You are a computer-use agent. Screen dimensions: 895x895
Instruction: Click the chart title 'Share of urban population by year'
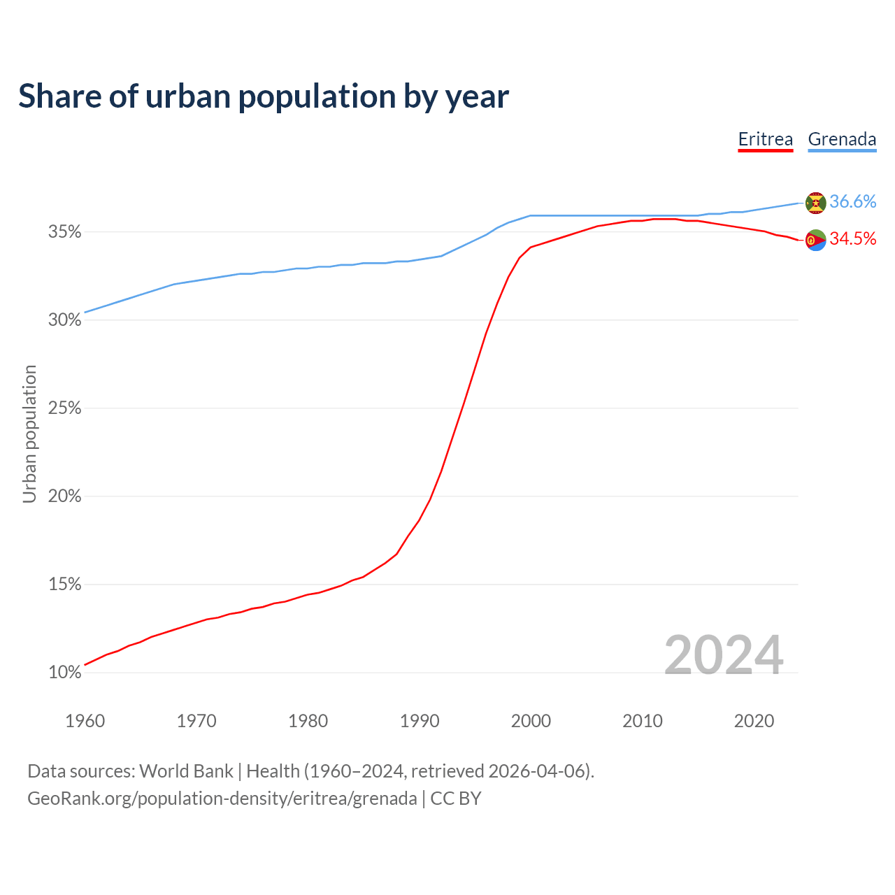click(264, 96)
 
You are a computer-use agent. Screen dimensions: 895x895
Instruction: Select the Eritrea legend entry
click(766, 139)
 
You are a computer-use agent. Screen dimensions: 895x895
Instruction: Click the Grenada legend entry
click(842, 139)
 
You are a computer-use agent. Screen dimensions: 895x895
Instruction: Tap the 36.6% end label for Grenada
click(853, 201)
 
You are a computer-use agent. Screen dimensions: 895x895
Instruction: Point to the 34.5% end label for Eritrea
click(853, 238)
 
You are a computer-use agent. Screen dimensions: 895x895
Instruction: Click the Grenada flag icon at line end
click(816, 203)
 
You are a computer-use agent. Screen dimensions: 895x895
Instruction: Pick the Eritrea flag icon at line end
click(816, 240)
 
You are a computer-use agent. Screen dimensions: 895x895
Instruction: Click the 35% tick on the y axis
click(65, 231)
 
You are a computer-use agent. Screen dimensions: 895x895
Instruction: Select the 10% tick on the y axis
click(65, 673)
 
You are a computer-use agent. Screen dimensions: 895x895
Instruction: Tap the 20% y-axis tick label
click(65, 496)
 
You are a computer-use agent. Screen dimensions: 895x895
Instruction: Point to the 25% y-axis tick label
click(65, 408)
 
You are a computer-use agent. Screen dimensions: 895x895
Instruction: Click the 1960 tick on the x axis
click(85, 721)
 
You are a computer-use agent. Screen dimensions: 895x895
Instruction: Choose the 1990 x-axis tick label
click(420, 721)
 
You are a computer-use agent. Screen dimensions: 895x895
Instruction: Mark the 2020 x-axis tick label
click(754, 721)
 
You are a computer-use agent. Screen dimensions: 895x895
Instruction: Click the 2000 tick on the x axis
click(531, 721)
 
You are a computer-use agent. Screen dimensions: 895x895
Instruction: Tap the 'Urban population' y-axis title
click(29, 434)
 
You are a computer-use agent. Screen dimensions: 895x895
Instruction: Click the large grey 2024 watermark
click(724, 655)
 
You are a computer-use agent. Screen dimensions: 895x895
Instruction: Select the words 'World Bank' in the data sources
click(186, 771)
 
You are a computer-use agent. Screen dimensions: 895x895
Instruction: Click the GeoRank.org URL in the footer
click(222, 799)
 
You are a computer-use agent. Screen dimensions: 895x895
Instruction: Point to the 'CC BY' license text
click(456, 799)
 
